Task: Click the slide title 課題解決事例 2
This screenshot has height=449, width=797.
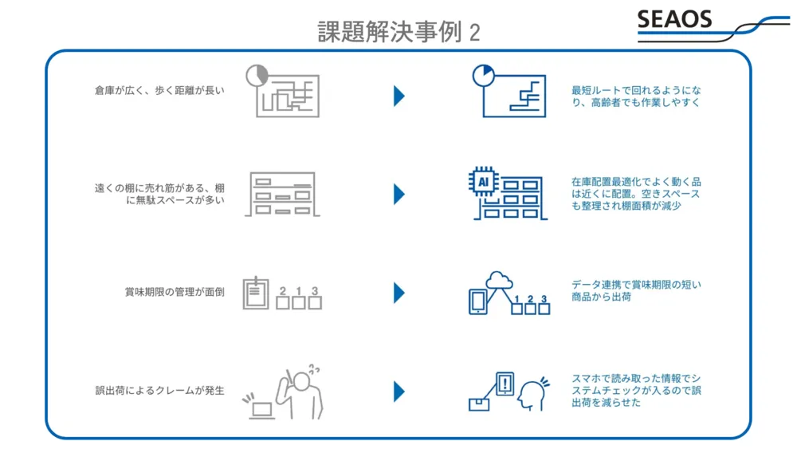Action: pos(398,31)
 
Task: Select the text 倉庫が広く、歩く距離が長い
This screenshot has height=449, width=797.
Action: pos(159,91)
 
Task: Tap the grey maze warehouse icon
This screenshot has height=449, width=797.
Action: pos(285,93)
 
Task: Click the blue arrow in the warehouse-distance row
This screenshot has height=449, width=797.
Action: pos(399,96)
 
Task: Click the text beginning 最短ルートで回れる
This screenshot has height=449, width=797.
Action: pos(636,96)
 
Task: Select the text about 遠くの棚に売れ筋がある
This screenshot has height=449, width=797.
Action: pos(159,194)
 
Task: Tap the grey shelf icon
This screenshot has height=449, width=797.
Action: pos(281,194)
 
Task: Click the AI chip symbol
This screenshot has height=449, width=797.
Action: pos(482,182)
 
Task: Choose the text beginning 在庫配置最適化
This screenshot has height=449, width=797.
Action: pos(636,194)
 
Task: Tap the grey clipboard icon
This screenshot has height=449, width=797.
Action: pos(255,293)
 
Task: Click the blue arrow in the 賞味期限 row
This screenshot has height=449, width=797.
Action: pos(399,293)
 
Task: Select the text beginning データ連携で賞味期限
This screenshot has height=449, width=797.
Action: pos(636,290)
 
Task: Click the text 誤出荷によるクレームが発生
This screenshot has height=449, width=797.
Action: pos(159,391)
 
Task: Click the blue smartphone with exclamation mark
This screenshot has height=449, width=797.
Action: pos(505,384)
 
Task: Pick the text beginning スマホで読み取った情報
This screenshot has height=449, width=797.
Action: pos(636,390)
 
